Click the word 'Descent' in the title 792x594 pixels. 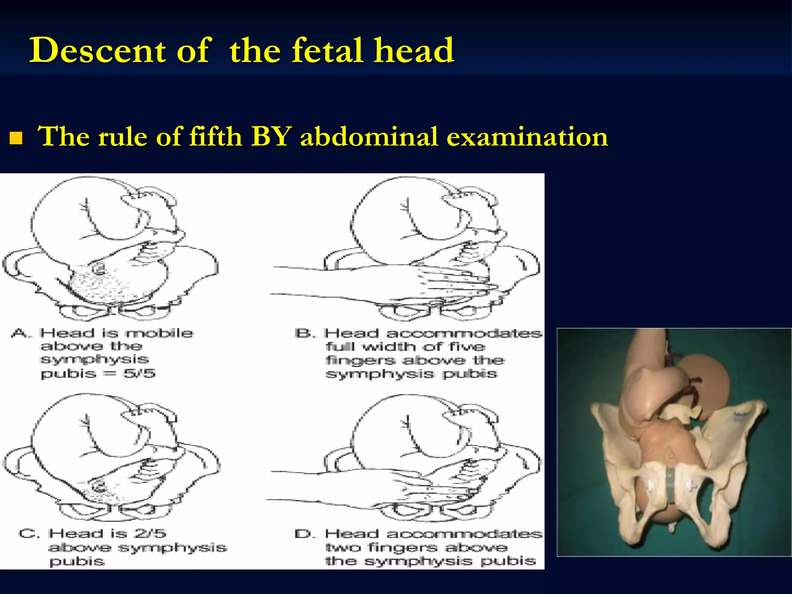97,50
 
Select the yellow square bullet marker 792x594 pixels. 16,138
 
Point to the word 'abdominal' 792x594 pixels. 369,137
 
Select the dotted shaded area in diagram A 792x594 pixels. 104,286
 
